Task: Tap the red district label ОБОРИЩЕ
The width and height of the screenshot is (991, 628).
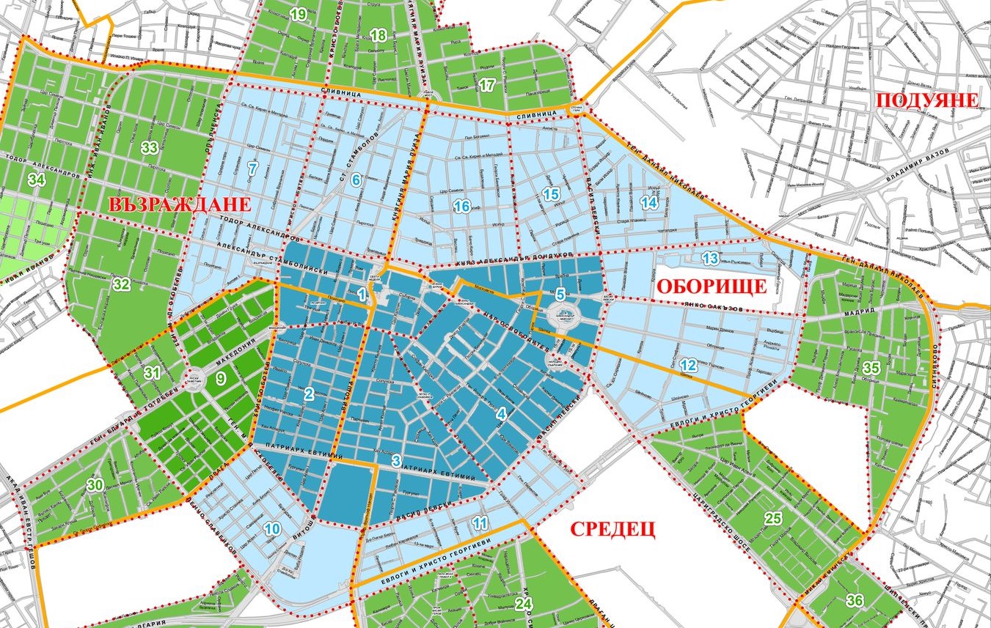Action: tap(711, 287)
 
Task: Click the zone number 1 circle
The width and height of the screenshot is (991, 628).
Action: tap(362, 295)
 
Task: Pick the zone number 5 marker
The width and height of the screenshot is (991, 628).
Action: tap(560, 295)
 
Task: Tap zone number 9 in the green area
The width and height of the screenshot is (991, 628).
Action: tap(221, 379)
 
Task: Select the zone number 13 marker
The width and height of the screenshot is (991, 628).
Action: tap(709, 258)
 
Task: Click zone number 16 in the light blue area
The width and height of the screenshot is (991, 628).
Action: tap(461, 207)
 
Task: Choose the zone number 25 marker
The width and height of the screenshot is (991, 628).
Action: tap(773, 519)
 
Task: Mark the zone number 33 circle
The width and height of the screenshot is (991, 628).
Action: tap(150, 148)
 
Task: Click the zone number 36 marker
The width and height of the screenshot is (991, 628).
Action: tap(854, 601)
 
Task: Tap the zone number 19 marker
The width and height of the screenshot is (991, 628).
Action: tap(298, 14)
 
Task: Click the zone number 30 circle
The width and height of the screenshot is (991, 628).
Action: tap(95, 485)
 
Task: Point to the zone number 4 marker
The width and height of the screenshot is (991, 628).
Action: tap(501, 414)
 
